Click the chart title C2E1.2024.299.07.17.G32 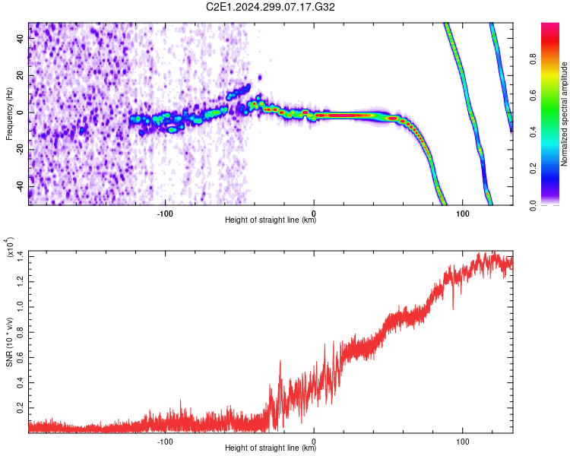coord(270,7)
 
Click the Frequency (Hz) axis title coord(9,114)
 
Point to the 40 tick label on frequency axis coord(21,38)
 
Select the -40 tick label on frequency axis coord(21,188)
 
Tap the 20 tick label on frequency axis coord(21,75)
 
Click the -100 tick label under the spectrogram coord(165,214)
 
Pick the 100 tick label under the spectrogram coord(462,214)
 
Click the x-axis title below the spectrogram coord(271,220)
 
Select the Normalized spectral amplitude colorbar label coord(564,114)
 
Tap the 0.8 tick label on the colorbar coord(534,59)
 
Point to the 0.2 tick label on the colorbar coord(534,169)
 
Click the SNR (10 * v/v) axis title coord(9,342)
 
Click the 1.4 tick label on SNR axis coord(21,256)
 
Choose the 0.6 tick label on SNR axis coord(21,357)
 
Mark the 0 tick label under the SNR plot coord(314,442)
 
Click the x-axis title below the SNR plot coord(271,448)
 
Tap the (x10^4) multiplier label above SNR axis coord(9,247)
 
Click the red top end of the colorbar coord(550,24)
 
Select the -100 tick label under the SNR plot coord(165,442)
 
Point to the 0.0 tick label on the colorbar coord(534,206)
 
